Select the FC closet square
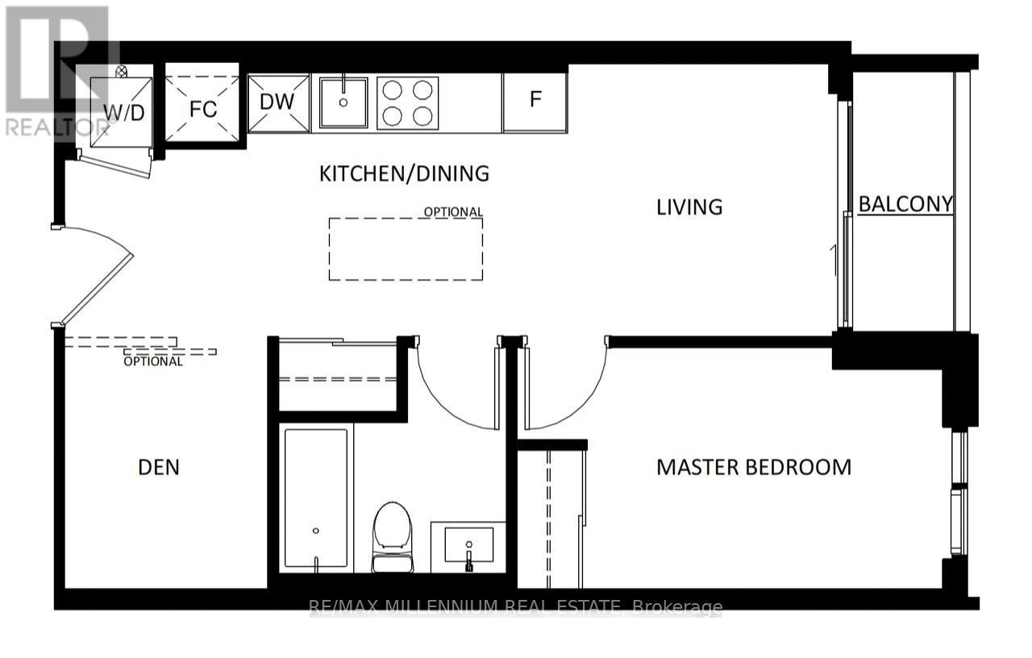(x=202, y=109)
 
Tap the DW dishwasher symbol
(x=278, y=102)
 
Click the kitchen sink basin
(x=343, y=102)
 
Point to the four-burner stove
(x=407, y=102)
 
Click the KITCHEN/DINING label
(x=404, y=173)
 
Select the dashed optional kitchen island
(x=406, y=249)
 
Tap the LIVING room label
(x=689, y=207)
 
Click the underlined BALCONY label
(x=905, y=204)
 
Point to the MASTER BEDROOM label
(x=754, y=467)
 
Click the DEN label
(x=159, y=467)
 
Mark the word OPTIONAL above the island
(x=454, y=212)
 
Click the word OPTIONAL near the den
(x=153, y=361)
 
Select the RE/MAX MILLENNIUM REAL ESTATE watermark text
(x=516, y=607)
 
